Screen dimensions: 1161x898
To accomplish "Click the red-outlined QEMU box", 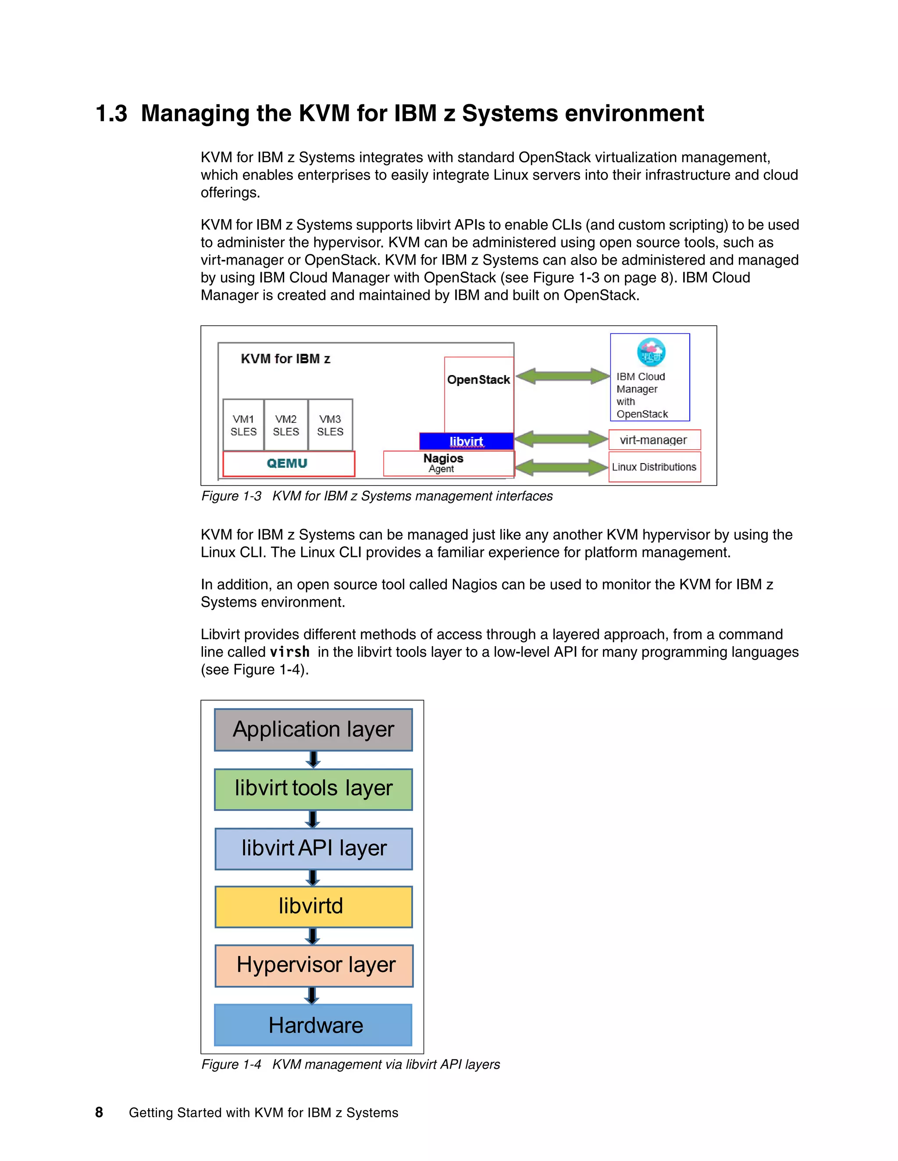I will [288, 464].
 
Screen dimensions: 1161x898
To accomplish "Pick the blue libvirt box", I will [466, 441].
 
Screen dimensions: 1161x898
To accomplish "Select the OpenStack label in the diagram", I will [478, 379].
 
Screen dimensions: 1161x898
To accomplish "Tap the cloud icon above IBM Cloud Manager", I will [651, 352].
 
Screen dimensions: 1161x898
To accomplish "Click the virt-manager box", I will [654, 439].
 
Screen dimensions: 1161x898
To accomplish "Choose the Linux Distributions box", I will [654, 467].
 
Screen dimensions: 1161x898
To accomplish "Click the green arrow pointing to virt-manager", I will [561, 439].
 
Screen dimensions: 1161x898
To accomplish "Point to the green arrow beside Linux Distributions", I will [561, 467].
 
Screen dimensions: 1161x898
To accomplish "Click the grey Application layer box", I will [314, 729].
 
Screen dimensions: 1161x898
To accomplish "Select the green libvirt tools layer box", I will [314, 789].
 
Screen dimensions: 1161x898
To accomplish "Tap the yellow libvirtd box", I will [314, 906].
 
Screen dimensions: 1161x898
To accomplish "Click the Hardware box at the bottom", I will [314, 1025].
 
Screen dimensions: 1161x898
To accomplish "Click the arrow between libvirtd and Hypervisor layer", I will [313, 936].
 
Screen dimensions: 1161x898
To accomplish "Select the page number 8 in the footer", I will [99, 1112].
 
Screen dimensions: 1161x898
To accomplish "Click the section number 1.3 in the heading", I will [112, 113].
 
